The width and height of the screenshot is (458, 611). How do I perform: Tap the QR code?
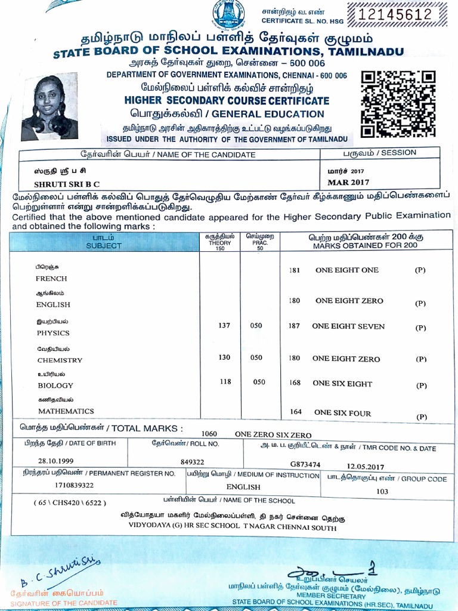point(398,104)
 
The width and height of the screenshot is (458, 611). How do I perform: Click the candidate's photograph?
point(50,107)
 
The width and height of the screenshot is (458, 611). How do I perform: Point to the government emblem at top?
point(230,17)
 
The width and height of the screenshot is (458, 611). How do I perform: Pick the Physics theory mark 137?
point(224,326)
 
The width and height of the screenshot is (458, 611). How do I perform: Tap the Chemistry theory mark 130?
point(224,357)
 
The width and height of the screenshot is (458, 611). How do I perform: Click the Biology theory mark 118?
point(225,382)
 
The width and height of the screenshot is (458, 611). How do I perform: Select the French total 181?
point(294,270)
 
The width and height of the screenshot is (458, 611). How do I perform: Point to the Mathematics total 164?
point(296,412)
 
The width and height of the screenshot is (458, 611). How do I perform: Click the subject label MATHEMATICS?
point(66,411)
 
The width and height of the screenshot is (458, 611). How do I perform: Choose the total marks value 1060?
point(209,434)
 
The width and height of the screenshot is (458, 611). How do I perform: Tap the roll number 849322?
point(192,462)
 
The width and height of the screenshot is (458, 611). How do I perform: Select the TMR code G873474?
point(305,464)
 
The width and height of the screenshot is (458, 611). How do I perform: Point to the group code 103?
point(382,492)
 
